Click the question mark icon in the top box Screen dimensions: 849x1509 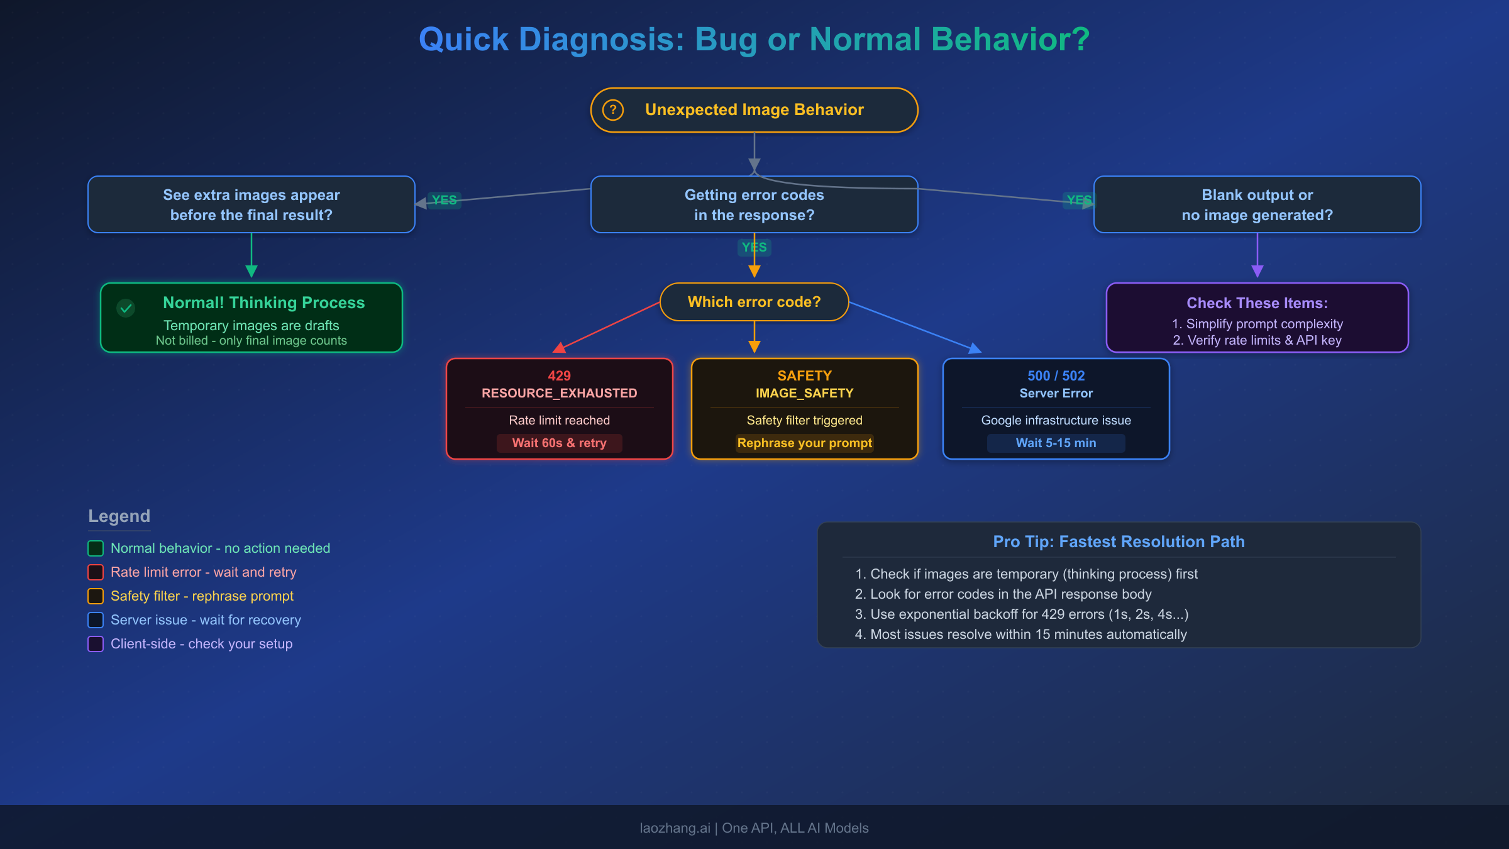[x=612, y=110]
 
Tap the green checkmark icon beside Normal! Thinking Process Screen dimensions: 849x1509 [x=126, y=308]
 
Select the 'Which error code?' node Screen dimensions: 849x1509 [x=754, y=302]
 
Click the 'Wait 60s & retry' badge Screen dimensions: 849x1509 [x=559, y=443]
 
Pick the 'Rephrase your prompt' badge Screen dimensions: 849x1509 [x=804, y=443]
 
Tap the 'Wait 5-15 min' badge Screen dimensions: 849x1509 [x=1056, y=443]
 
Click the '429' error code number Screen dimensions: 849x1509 [x=559, y=375]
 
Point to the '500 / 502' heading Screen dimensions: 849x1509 [x=1056, y=375]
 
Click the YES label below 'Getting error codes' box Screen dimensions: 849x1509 [x=754, y=247]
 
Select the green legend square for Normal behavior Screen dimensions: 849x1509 [x=96, y=548]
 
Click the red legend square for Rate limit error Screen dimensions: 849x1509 [x=96, y=572]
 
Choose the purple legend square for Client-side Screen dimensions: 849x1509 [x=96, y=644]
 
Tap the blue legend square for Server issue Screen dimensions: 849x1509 [x=96, y=620]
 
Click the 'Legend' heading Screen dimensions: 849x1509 [x=119, y=516]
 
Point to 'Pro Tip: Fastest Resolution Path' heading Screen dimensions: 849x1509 [x=1119, y=541]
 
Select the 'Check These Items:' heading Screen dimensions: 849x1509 [x=1257, y=303]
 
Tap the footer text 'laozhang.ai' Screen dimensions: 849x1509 [x=675, y=828]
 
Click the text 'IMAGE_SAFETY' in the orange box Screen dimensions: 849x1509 [x=804, y=393]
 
